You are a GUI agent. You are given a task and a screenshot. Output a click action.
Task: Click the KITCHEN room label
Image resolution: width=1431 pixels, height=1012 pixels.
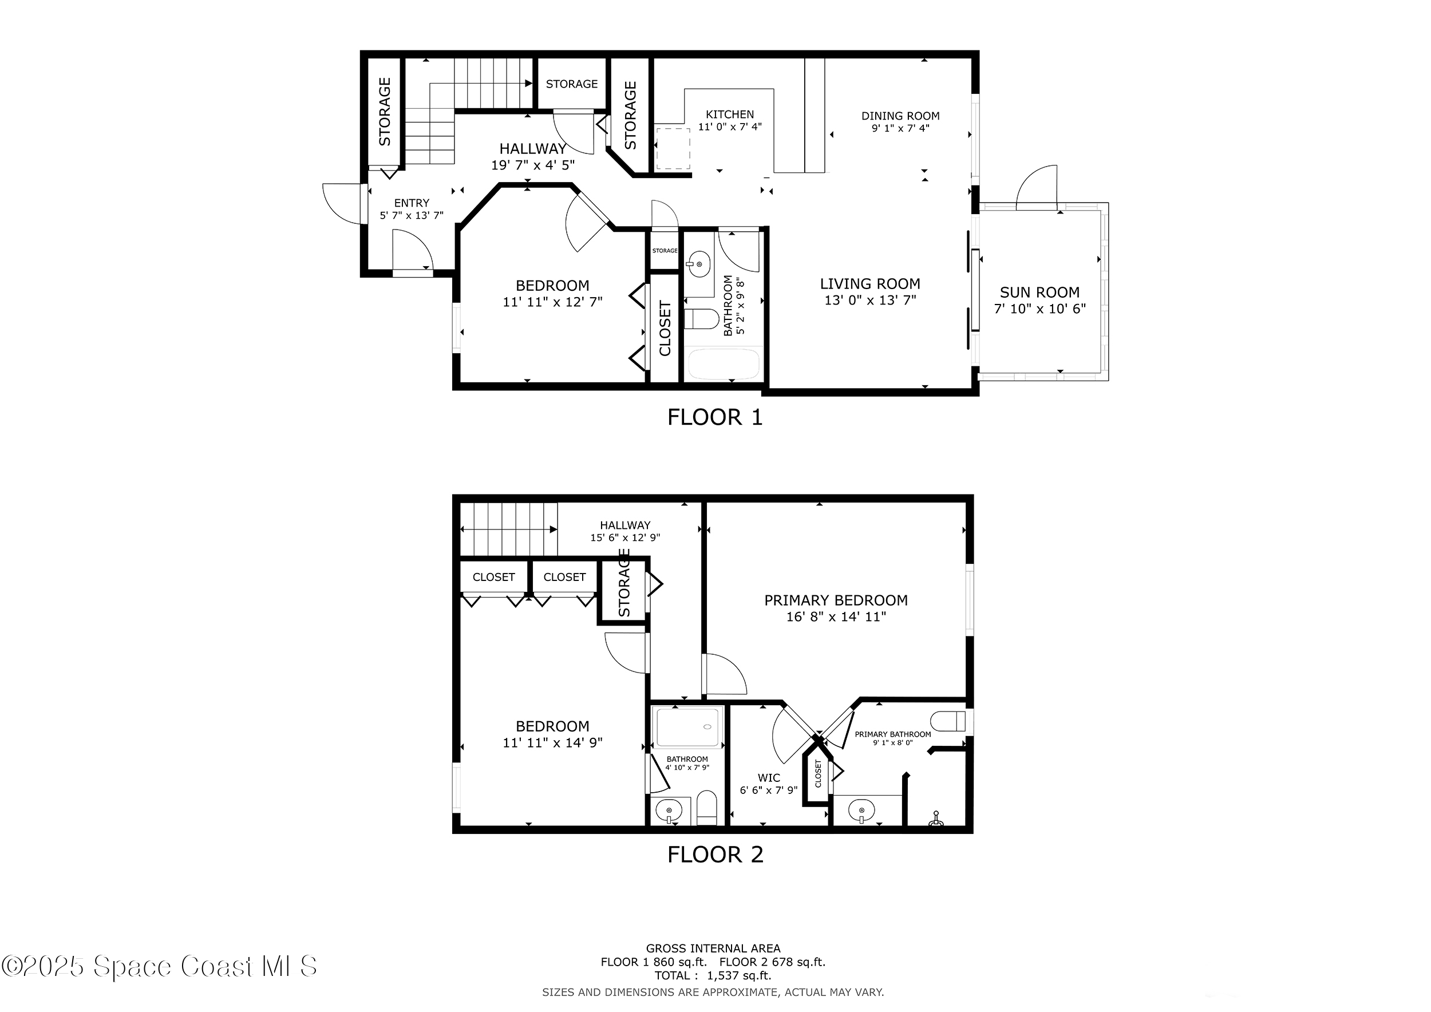point(729,114)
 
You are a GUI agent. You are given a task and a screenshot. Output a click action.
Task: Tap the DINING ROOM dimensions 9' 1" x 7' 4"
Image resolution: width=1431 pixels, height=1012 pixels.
point(900,128)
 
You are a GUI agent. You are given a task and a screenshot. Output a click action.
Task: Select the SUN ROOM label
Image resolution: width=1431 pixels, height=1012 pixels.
point(1039,292)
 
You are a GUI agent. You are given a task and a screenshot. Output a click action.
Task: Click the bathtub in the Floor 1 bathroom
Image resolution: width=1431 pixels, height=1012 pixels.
point(723,364)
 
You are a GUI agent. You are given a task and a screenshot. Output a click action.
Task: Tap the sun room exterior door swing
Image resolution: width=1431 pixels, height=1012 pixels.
point(1038,187)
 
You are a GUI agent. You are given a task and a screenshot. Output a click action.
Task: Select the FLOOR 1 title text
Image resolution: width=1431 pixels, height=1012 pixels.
point(715,417)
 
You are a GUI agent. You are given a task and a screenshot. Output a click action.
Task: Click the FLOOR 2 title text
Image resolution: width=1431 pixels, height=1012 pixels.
point(715,855)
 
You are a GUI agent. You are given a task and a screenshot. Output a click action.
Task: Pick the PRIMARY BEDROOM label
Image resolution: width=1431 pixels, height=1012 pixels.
point(836,600)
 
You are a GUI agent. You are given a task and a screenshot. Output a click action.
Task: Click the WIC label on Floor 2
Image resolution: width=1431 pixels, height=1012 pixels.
point(769,778)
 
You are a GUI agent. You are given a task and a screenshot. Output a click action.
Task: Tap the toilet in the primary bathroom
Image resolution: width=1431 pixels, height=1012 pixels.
point(947,721)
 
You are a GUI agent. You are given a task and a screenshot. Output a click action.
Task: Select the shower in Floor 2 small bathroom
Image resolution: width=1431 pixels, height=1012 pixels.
point(687,727)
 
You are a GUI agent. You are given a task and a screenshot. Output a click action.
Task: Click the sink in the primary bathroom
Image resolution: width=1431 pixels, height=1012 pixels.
point(862,811)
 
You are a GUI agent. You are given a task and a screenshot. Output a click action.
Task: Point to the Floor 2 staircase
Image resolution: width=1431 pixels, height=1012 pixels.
point(508,529)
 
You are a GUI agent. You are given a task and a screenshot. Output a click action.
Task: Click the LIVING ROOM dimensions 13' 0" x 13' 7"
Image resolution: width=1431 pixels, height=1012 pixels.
point(870,301)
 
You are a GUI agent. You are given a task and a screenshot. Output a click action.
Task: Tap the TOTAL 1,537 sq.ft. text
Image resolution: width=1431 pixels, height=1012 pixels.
point(713,976)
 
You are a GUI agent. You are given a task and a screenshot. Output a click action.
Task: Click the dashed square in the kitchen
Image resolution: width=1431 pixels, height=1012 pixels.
point(673,148)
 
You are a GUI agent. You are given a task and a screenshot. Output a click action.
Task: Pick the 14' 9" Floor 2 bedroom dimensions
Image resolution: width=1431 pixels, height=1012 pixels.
point(552,743)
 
